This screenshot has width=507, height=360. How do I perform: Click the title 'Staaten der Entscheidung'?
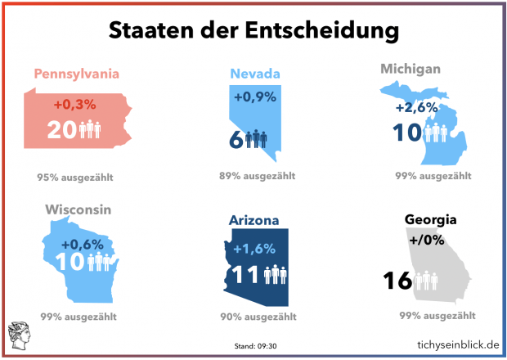click(253, 30)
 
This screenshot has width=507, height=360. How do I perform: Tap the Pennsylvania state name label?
click(77, 74)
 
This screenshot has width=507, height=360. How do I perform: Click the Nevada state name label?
click(254, 74)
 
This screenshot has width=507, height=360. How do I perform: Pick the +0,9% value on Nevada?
click(255, 97)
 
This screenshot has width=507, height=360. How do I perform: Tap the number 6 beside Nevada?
click(237, 139)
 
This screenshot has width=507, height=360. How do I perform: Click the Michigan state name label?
click(411, 69)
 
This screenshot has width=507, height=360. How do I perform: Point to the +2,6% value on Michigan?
click(417, 108)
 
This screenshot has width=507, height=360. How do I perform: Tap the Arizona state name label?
click(254, 220)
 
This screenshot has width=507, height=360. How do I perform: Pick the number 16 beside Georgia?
click(397, 281)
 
